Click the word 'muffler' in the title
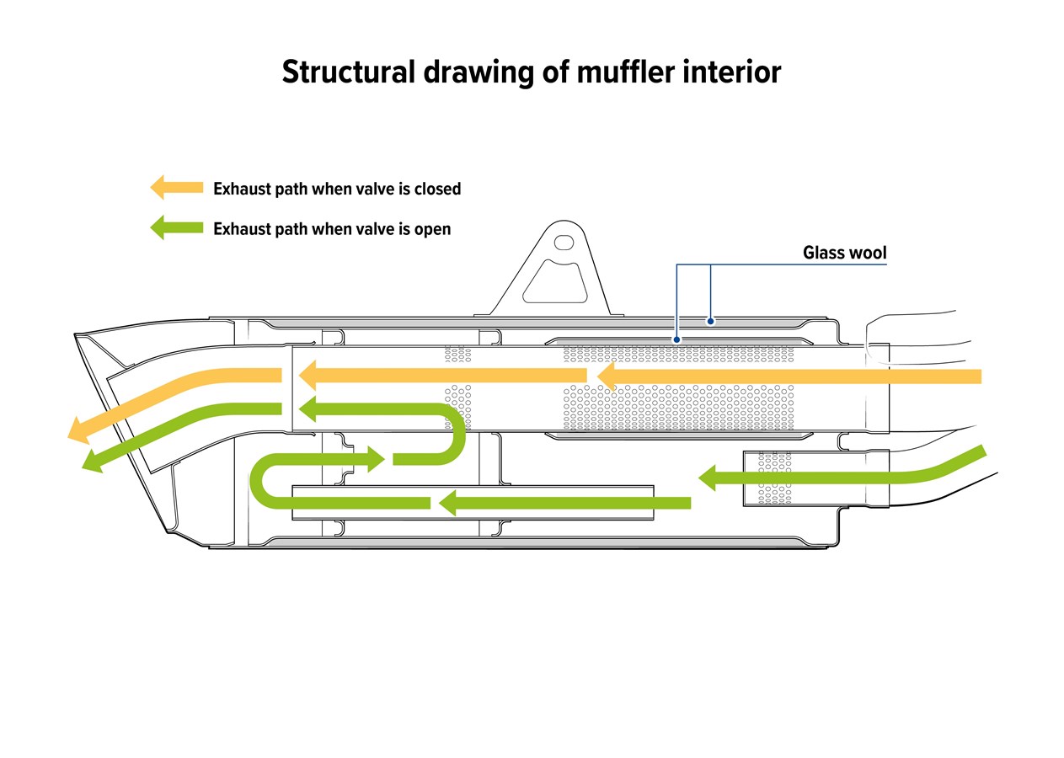625,72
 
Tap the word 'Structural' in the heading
349,72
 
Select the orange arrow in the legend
177,187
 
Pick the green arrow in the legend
177,227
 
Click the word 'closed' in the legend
437,189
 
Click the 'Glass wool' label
845,252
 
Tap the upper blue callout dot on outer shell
711,322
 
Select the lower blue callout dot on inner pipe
676,339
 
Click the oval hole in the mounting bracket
564,243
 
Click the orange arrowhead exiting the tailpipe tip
80,430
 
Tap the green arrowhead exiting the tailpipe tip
94,460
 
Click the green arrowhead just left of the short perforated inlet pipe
707,478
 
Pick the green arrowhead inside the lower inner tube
447,503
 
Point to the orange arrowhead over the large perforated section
606,376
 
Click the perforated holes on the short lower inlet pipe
775,478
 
